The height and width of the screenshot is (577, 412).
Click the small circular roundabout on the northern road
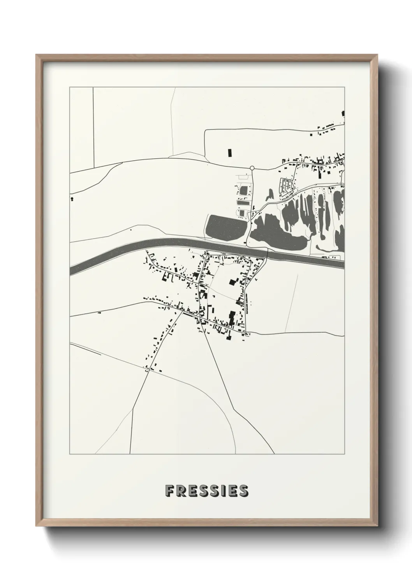252,168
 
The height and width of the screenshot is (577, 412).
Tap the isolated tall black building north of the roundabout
229,152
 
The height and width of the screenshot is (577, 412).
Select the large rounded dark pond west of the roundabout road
225,226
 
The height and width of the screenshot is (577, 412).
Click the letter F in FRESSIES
169,491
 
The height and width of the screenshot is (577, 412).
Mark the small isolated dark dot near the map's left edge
72,199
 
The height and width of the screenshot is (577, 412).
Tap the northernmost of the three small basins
243,191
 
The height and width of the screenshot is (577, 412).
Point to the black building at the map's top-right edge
343,113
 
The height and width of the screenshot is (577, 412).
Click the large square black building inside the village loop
232,282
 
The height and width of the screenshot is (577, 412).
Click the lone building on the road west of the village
99,313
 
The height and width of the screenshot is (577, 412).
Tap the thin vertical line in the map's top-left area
93,125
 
